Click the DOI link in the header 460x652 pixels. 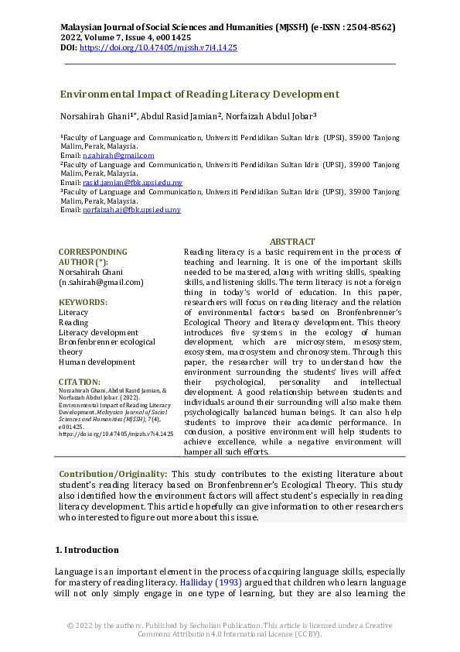point(158,48)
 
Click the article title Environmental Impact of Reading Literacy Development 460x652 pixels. point(199,94)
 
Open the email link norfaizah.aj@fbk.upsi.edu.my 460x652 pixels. point(131,210)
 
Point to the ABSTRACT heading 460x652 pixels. point(292,242)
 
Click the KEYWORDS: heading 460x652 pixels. point(83,303)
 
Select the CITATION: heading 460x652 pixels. point(80,382)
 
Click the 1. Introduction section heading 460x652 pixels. point(89,550)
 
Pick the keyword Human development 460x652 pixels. point(97,362)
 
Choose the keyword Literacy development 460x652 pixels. point(98,332)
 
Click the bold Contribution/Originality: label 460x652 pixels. point(114,474)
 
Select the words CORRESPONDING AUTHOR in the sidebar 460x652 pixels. point(93,257)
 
